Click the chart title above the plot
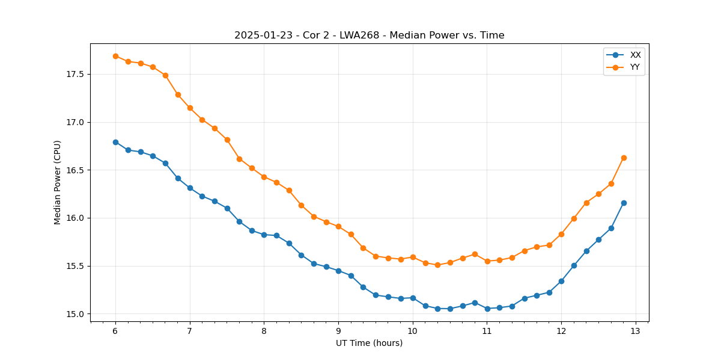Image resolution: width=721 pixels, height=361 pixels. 369,35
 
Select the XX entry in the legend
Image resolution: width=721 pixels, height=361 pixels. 635,55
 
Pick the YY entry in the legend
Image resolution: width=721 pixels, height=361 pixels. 634,67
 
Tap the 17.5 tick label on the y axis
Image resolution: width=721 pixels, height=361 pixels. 74,75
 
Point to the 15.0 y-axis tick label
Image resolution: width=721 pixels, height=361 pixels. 74,314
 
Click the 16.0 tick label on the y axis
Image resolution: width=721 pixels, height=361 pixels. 74,218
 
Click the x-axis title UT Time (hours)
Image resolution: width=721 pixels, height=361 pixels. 369,343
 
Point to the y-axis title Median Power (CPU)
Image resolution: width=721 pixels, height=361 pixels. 58,182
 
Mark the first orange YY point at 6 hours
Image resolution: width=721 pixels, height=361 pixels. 115,56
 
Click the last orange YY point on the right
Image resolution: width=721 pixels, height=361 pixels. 624,158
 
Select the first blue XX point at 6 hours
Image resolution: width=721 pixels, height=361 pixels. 115,142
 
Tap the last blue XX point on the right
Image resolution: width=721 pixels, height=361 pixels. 624,203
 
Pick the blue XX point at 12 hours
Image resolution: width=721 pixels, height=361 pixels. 561,281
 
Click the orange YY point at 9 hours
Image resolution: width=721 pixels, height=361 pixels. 338,226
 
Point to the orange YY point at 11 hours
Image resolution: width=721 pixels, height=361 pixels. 487,261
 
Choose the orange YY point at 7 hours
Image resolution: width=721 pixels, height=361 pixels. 190,108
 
